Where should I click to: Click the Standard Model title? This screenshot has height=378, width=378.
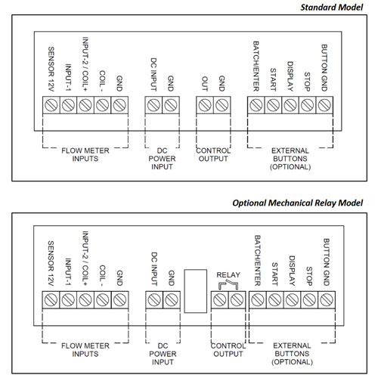(x=331, y=8)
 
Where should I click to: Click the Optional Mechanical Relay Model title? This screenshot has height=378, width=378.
(x=297, y=203)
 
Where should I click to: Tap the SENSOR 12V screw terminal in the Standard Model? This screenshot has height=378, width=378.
(x=51, y=105)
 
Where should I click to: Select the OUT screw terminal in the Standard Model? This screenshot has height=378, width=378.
(x=205, y=105)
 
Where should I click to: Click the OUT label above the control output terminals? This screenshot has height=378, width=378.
(x=205, y=84)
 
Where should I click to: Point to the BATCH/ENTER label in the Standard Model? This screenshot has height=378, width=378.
(x=256, y=67)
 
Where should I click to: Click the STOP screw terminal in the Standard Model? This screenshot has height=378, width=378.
(x=308, y=105)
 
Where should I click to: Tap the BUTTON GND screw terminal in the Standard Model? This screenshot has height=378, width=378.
(x=324, y=105)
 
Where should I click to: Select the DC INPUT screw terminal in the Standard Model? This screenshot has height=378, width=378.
(x=153, y=105)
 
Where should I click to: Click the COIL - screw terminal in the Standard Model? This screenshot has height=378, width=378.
(x=103, y=105)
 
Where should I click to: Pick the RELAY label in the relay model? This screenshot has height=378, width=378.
(x=228, y=274)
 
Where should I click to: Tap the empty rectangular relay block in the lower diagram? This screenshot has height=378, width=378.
(x=196, y=291)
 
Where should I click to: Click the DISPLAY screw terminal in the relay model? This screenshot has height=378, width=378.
(x=293, y=300)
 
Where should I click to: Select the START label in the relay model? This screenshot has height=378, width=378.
(x=275, y=274)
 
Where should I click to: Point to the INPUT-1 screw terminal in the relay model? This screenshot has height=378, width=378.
(x=68, y=300)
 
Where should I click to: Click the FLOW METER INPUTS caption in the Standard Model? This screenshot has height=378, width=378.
(x=85, y=154)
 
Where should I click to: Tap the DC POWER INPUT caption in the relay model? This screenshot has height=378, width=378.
(x=163, y=354)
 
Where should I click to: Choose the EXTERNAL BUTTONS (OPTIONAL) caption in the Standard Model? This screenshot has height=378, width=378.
(x=290, y=159)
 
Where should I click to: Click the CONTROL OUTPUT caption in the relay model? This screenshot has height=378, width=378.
(x=228, y=350)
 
